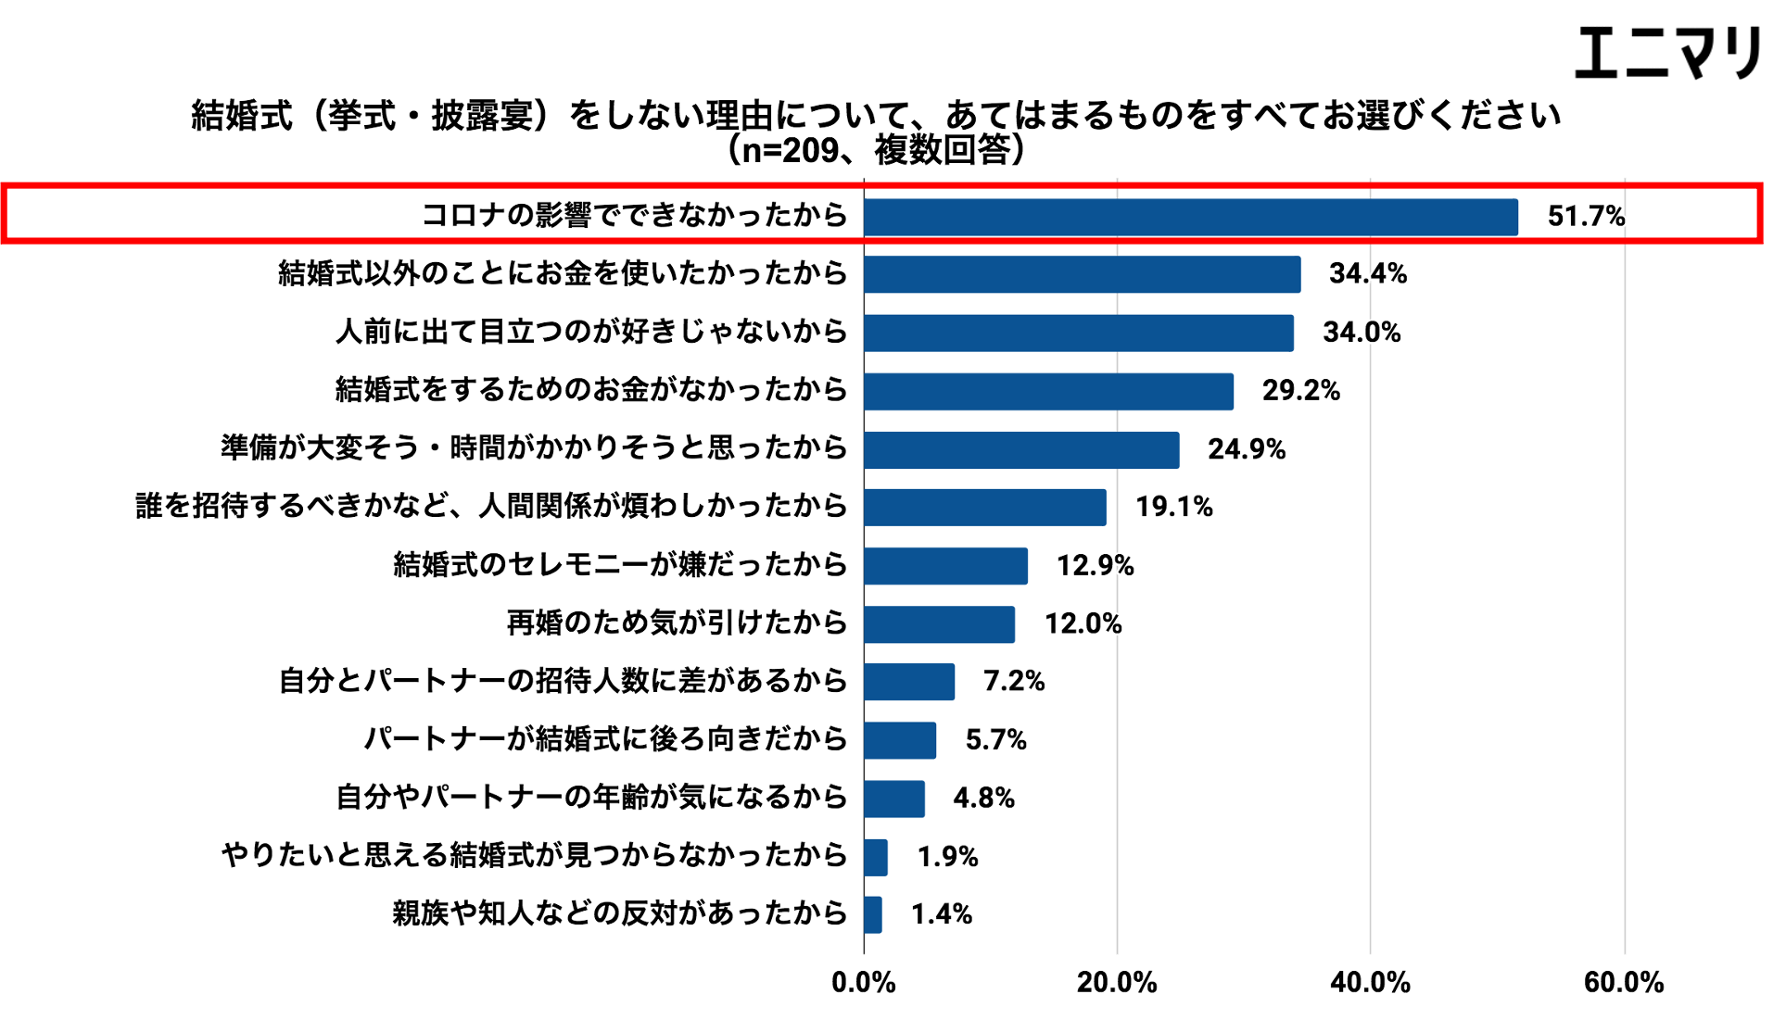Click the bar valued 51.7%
[1190, 218]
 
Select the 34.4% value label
[1367, 273]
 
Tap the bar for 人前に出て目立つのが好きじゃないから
[1078, 333]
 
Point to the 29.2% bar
[1048, 391]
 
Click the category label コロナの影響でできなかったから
[634, 215]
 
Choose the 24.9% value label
[1246, 449]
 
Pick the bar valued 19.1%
[984, 508]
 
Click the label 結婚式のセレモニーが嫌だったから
[620, 564]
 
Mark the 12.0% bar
[939, 624]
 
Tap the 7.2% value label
[1013, 682]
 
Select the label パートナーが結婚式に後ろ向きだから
[605, 739]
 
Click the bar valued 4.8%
[893, 799]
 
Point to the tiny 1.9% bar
[875, 857]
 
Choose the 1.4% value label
[941, 915]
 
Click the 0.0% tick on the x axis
[863, 983]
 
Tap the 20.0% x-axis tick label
[1116, 983]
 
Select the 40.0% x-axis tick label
[1370, 983]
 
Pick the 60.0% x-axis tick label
[1622, 983]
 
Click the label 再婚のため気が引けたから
[677, 623]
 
